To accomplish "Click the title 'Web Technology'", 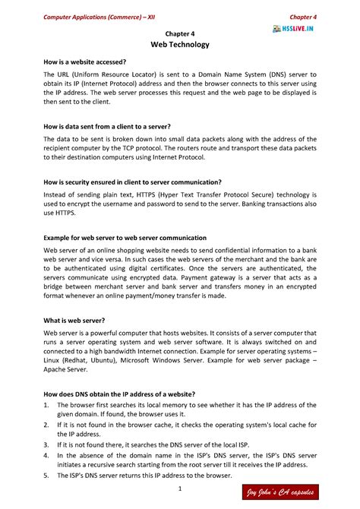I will tap(180, 46).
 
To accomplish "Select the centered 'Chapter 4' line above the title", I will tap(180, 34).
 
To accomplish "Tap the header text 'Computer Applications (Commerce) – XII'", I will tap(96, 17).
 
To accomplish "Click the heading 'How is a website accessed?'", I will tap(85, 61).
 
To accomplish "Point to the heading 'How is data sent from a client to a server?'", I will tap(107, 126).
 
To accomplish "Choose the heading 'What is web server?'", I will tap(73, 321).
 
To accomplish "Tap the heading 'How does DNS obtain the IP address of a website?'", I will tap(119, 394).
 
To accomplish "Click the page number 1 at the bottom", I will tap(179, 487).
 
